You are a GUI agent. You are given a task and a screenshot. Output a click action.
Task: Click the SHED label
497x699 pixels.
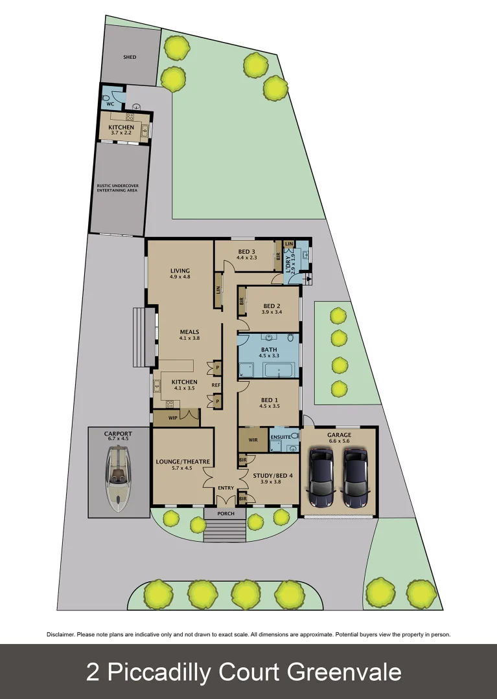pyautogui.click(x=130, y=57)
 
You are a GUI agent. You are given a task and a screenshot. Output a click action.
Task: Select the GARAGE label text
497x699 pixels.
pyautogui.click(x=339, y=435)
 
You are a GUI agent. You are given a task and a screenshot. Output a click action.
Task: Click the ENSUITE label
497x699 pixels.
pyautogui.click(x=281, y=437)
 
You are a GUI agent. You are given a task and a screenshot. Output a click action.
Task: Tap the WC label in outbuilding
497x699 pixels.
pyautogui.click(x=110, y=104)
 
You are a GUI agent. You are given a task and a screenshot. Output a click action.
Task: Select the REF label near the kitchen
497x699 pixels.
pyautogui.click(x=216, y=385)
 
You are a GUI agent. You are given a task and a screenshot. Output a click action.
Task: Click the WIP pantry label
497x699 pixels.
pyautogui.click(x=173, y=418)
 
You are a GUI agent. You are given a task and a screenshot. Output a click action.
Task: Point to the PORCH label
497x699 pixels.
pyautogui.click(x=225, y=514)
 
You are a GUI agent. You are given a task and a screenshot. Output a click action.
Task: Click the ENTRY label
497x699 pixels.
pyautogui.click(x=225, y=488)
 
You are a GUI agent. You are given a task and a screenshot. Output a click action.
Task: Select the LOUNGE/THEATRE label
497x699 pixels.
pyautogui.click(x=183, y=461)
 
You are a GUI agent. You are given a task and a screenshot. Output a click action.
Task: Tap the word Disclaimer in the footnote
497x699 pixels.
pyautogui.click(x=60, y=634)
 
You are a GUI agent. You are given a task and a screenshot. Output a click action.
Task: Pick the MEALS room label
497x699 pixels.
pyautogui.click(x=189, y=331)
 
